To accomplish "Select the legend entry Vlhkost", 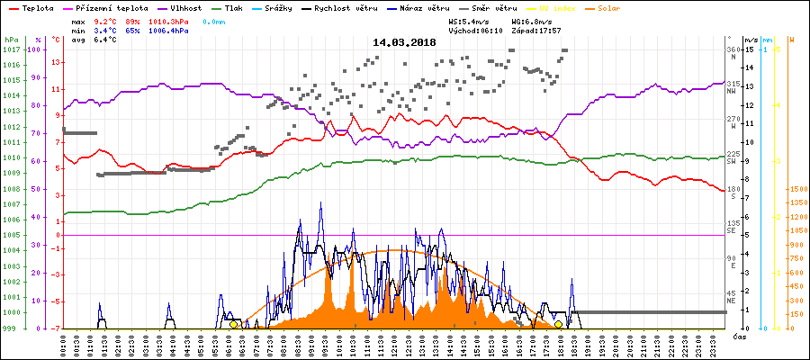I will coord(184,7).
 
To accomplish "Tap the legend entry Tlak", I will coord(233,7).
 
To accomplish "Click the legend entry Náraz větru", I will coord(438,7).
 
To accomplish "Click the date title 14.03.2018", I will coord(404,42).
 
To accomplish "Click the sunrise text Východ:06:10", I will coord(476,30).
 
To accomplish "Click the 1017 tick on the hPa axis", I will coord(11,49).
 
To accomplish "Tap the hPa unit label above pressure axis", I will coord(11,40).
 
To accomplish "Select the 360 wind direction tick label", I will coord(733,49).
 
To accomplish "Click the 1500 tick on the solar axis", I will coord(796,189).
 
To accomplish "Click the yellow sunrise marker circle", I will coord(234,324).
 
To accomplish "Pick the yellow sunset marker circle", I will coord(558,324).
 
